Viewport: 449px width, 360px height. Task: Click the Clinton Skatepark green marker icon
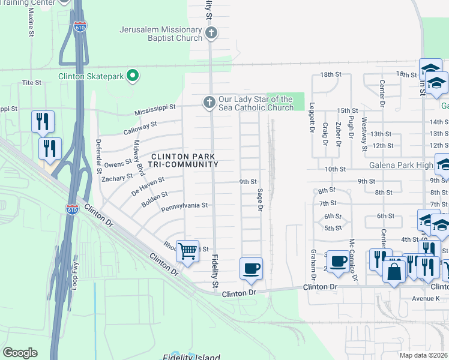coord(133,76)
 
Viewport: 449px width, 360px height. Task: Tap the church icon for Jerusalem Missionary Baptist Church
coord(211,34)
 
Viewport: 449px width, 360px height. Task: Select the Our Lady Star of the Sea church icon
coord(209,103)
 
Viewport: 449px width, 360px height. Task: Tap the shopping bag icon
coord(394,271)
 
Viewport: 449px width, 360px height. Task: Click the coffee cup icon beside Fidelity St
coord(251,268)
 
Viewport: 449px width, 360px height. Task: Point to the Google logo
coord(20,353)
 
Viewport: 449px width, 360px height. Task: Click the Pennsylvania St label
coord(184,205)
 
